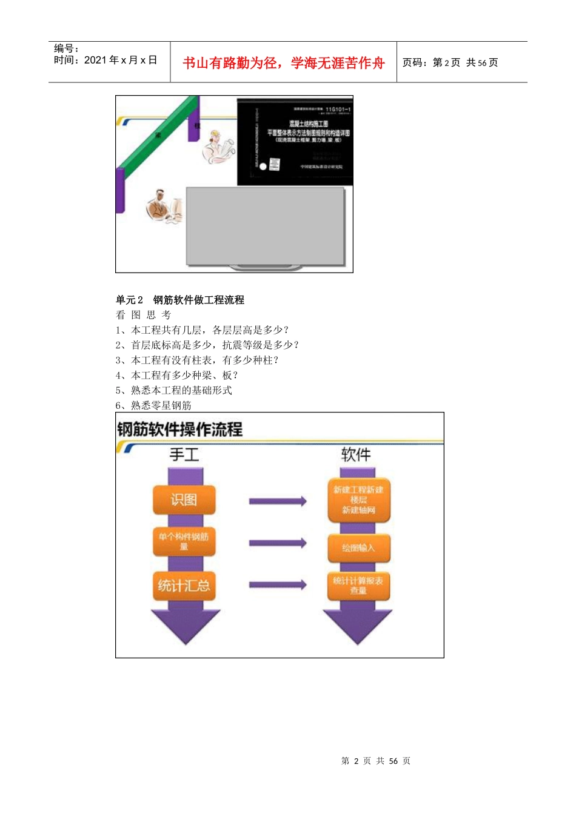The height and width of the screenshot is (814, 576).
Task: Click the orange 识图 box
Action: click(x=184, y=500)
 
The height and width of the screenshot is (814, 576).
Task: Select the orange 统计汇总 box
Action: click(x=184, y=586)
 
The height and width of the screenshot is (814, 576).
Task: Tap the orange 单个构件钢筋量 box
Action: click(x=184, y=541)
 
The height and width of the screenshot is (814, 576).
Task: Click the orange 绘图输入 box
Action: click(x=358, y=548)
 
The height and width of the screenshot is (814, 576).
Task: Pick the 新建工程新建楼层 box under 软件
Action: click(x=358, y=500)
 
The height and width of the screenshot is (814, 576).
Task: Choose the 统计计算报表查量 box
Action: click(x=358, y=586)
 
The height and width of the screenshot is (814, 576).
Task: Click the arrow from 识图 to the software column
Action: click(x=278, y=501)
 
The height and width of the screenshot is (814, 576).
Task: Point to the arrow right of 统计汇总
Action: click(x=278, y=584)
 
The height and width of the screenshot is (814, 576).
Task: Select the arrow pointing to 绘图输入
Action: click(x=278, y=543)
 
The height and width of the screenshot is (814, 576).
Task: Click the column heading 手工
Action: click(x=184, y=454)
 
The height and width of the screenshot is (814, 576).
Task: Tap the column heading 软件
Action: click(x=356, y=454)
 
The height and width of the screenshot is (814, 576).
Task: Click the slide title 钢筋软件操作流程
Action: click(x=180, y=429)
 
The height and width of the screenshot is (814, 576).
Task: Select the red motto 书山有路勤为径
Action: click(x=284, y=63)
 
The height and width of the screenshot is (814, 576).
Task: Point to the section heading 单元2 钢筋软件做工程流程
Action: click(x=180, y=300)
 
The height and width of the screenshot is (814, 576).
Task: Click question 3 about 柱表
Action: click(x=197, y=360)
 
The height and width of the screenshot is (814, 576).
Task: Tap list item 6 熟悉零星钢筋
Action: click(x=153, y=405)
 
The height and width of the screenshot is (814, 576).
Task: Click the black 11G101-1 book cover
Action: click(x=295, y=142)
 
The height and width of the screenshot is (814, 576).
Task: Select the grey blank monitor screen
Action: click(x=265, y=226)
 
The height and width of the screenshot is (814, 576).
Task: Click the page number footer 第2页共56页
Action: click(x=376, y=761)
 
